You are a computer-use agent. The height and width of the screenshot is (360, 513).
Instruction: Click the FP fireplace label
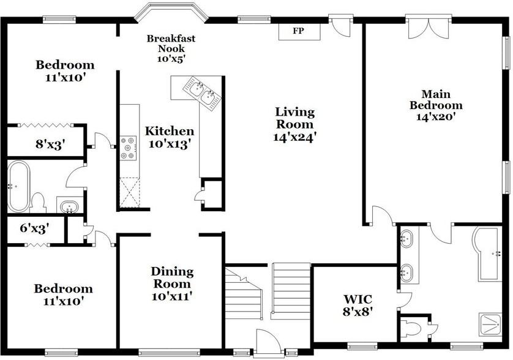pyautogui.click(x=298, y=31)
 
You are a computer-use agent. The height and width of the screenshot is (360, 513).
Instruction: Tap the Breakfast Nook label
pyautogui.click(x=171, y=43)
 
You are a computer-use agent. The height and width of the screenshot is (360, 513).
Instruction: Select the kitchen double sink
pyautogui.click(x=201, y=92)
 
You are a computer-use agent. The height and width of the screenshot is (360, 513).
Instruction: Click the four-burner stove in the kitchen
pyautogui.click(x=129, y=148)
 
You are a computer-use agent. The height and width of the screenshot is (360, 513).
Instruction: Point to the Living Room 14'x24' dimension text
pyautogui.click(x=294, y=137)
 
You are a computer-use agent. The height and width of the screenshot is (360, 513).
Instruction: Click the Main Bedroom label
pyautogui.click(x=436, y=100)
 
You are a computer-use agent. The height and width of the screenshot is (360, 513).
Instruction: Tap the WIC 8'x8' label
pyautogui.click(x=358, y=305)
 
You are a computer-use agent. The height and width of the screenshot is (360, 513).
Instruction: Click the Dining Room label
pyautogui.click(x=172, y=277)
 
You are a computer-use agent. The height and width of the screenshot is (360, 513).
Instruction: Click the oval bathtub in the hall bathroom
pyautogui.click(x=18, y=186)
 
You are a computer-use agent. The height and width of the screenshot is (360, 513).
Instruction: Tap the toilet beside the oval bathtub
pyautogui.click(x=39, y=203)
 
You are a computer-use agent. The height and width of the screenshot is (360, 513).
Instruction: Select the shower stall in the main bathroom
pyautogui.click(x=490, y=324)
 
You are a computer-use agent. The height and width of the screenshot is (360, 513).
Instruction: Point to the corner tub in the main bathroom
pyautogui.click(x=487, y=254)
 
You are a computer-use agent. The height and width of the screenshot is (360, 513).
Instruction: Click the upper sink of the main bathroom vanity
pyautogui.click(x=407, y=239)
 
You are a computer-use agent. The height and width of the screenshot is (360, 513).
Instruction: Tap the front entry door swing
pyautogui.click(x=268, y=341)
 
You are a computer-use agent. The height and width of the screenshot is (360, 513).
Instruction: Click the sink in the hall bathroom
pyautogui.click(x=69, y=207)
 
